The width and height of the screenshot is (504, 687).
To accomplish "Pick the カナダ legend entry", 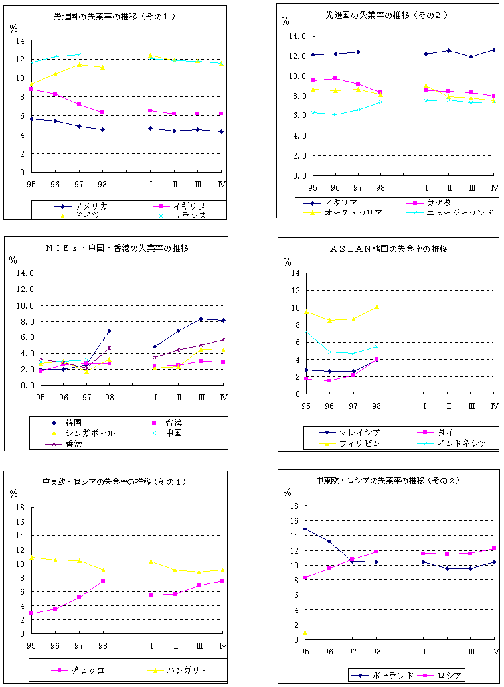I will click(x=431, y=202).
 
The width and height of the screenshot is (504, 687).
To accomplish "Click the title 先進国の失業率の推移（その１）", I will click(x=114, y=16).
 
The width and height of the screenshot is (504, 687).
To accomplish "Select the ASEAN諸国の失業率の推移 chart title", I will click(x=387, y=248).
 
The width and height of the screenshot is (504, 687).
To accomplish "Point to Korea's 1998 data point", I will click(x=110, y=331).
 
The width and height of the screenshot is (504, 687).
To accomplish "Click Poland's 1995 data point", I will click(x=305, y=529).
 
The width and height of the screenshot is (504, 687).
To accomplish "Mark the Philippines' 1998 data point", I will click(x=377, y=307).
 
